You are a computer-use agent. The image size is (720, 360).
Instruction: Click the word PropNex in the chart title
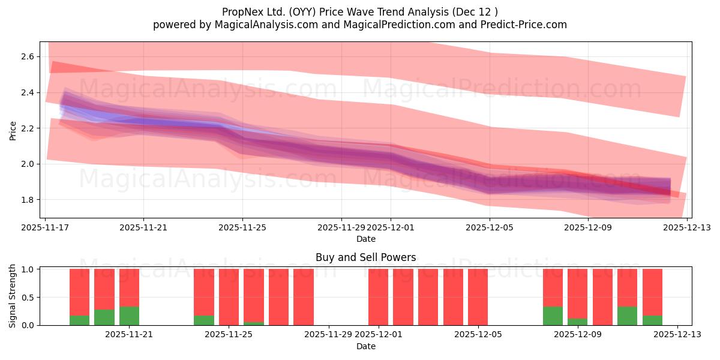241,12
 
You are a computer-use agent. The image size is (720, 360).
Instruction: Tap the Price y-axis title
13,130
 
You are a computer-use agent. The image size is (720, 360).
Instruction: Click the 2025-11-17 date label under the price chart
46,228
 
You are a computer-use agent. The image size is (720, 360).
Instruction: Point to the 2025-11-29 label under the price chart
341,228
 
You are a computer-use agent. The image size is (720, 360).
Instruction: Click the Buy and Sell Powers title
365,257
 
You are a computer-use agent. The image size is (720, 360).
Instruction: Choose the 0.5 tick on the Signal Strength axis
29,298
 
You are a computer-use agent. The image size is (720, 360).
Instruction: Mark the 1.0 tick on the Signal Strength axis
29,269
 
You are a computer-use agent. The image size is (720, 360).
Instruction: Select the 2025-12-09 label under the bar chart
577,335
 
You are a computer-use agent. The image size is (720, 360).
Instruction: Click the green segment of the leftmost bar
79,320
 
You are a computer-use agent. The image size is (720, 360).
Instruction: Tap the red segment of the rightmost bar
652,292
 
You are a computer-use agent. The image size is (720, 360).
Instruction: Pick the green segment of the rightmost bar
652,320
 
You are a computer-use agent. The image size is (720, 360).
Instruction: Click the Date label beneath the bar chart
365,346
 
